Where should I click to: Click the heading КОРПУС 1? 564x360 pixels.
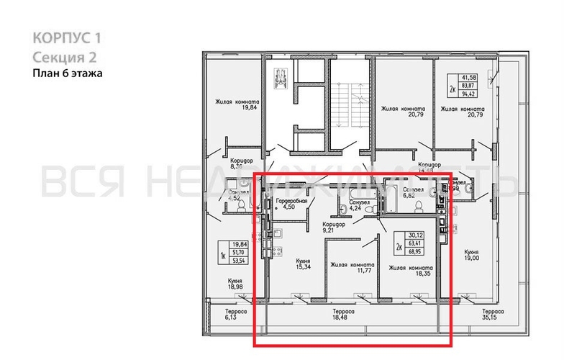(x=65, y=38)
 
